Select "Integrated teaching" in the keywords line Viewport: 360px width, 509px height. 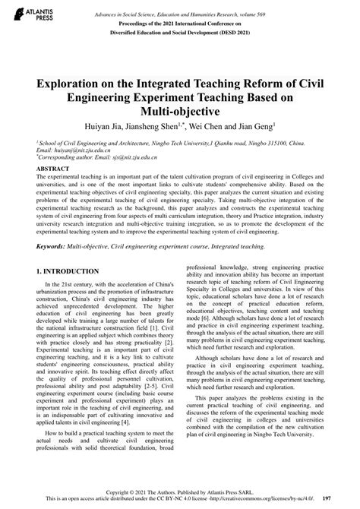(229, 247)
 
